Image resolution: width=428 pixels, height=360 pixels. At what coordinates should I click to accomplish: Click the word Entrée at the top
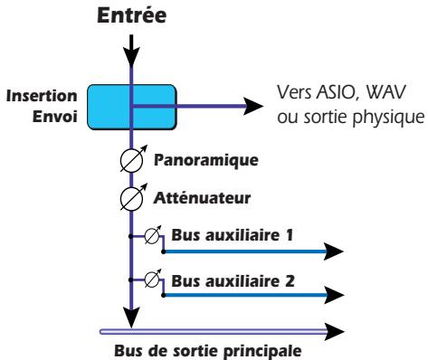click(133, 14)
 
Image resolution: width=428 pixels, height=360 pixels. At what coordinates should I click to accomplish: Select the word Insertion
click(43, 95)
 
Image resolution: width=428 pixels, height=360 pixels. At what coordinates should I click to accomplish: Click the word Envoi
click(56, 115)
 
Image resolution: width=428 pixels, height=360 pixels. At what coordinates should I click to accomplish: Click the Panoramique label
click(206, 161)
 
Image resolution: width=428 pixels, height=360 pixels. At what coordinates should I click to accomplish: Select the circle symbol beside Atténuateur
click(134, 198)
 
